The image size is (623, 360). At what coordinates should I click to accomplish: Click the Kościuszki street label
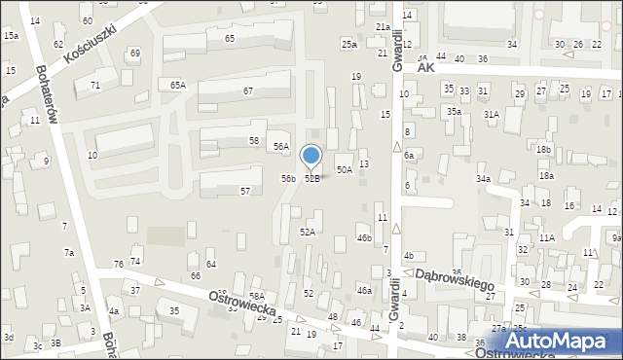coord(91,44)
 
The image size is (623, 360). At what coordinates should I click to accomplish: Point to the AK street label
coord(423,69)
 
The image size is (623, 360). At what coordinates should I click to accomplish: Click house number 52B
coord(312,179)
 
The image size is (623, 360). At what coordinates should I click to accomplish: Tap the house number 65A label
coord(177,86)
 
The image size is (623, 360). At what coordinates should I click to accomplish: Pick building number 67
coord(248,90)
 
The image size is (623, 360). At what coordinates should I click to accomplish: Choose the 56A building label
coord(280,147)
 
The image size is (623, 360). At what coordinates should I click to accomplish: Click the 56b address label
coord(288,178)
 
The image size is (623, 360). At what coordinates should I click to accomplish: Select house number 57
coord(246,191)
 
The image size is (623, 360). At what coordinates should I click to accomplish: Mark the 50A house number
coord(344,169)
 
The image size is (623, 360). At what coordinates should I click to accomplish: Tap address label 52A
coord(308,232)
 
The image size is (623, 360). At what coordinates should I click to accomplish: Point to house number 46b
coord(364,237)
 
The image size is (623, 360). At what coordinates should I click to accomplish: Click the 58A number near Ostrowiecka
coord(257,296)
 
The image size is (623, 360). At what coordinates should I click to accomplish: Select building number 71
coord(95,86)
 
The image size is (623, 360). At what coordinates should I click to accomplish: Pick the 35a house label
coord(454,112)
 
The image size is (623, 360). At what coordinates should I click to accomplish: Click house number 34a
coord(483,179)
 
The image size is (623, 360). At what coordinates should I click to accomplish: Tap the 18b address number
coord(543,149)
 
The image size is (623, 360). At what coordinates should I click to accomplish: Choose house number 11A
coord(547,237)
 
